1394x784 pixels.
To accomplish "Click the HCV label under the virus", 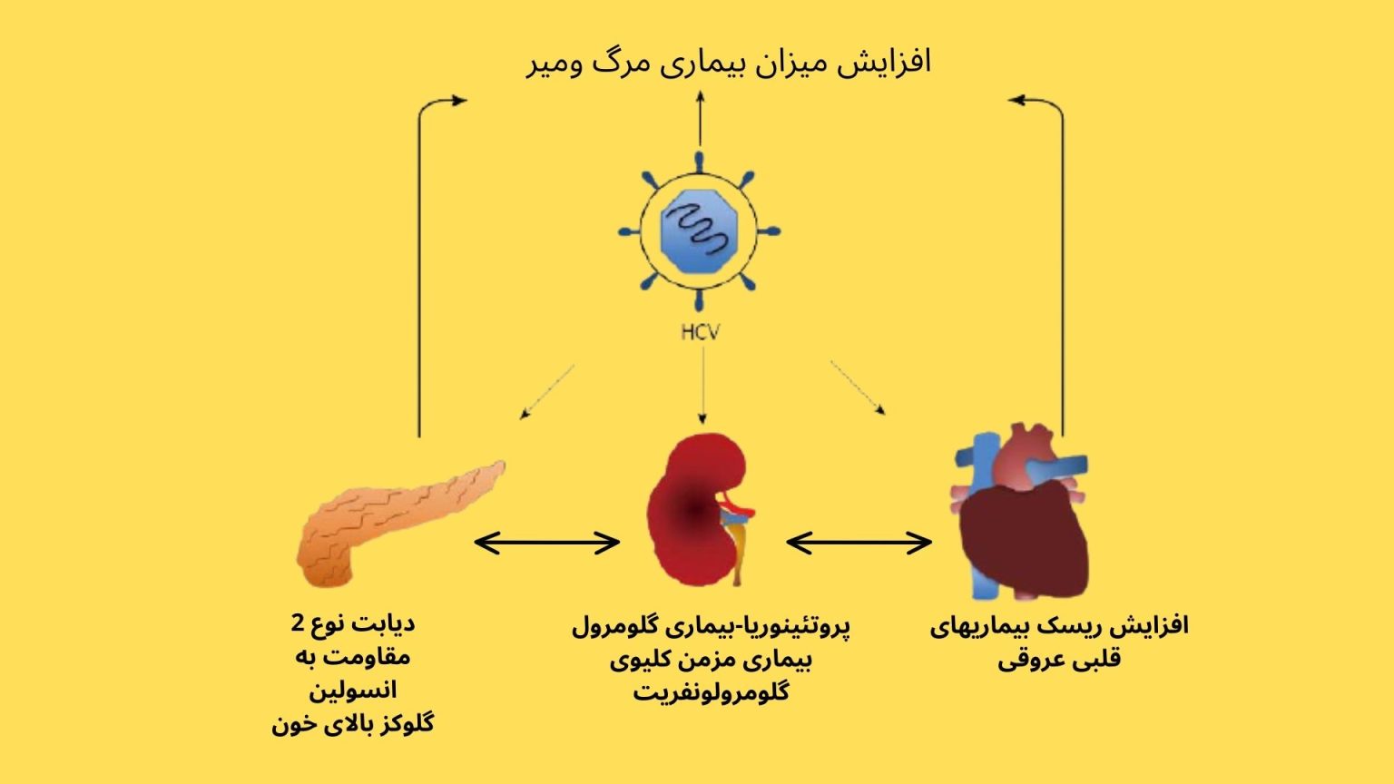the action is [700, 332].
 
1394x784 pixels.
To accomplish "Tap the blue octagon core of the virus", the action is [699, 231].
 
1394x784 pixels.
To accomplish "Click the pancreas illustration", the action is [400, 524].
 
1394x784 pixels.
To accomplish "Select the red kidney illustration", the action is [700, 510].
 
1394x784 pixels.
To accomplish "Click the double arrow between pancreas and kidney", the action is [546, 543].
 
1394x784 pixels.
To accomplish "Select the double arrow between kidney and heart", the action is [859, 543].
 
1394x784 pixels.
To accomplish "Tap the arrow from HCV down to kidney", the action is [702, 385].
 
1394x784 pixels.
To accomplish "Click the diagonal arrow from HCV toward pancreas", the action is [547, 392].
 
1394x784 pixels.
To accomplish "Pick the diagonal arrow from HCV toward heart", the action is [858, 387].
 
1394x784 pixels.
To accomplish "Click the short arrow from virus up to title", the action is [700, 118].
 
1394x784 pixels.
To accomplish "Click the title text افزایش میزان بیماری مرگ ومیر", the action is [728, 64].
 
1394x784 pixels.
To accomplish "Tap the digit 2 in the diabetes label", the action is [298, 622].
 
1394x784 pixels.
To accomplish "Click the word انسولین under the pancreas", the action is [352, 690].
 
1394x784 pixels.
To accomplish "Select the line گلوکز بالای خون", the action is [352, 724].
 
